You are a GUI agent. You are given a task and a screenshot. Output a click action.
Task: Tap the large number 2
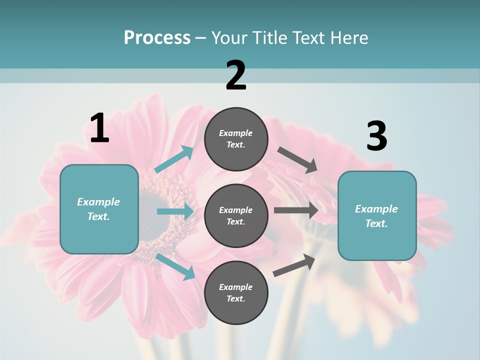(x=236, y=76)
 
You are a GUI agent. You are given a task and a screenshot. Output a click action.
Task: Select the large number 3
(x=376, y=136)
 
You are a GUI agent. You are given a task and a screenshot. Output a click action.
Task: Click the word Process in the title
(x=157, y=37)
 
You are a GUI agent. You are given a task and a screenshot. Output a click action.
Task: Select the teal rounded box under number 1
(x=99, y=209)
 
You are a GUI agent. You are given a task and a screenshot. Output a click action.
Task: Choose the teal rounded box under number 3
(x=377, y=216)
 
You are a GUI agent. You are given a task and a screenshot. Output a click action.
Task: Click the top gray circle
(x=236, y=139)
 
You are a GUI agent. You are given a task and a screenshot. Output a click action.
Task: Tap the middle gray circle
(x=236, y=216)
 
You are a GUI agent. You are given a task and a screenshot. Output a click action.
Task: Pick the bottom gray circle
(x=236, y=293)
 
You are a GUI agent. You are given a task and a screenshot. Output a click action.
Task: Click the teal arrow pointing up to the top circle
(x=174, y=159)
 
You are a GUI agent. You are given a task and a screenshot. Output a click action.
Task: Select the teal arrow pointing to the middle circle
(x=175, y=211)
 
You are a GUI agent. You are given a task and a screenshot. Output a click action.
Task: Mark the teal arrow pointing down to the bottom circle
(x=175, y=266)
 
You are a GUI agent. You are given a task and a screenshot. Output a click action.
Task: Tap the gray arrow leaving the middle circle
(x=295, y=210)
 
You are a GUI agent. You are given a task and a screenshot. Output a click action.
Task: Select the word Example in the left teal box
(x=98, y=202)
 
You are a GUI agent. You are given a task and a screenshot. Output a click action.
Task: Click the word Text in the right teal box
(x=376, y=223)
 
